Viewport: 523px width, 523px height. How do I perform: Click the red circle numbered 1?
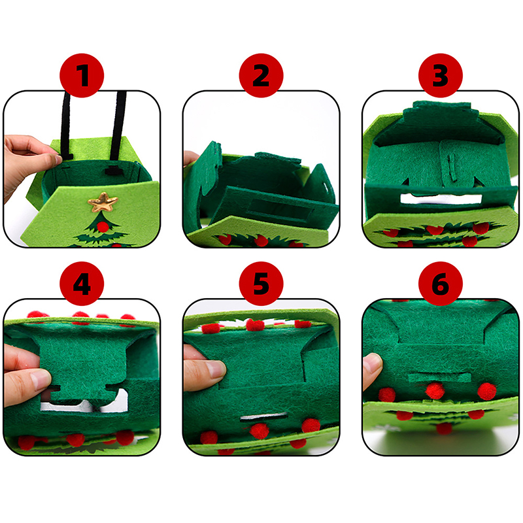pos(82,75)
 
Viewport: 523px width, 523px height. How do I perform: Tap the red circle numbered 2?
pos(261,75)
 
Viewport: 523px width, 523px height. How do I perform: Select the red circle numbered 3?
pos(441,75)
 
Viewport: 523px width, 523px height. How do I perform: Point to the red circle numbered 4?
pos(82,284)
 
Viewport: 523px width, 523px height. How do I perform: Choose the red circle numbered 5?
pos(261,284)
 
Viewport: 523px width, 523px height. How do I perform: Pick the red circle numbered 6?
pos(441,284)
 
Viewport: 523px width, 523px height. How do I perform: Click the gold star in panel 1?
pos(103,202)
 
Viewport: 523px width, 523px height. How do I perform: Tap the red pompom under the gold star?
pos(103,227)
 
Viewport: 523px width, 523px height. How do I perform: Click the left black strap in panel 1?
pos(66,126)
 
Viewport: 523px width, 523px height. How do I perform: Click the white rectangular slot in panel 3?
pos(441,199)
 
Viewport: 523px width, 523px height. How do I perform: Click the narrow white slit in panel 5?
pos(264,417)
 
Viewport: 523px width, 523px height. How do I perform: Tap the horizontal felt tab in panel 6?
pos(439,378)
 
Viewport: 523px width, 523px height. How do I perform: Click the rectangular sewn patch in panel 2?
pos(281,209)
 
